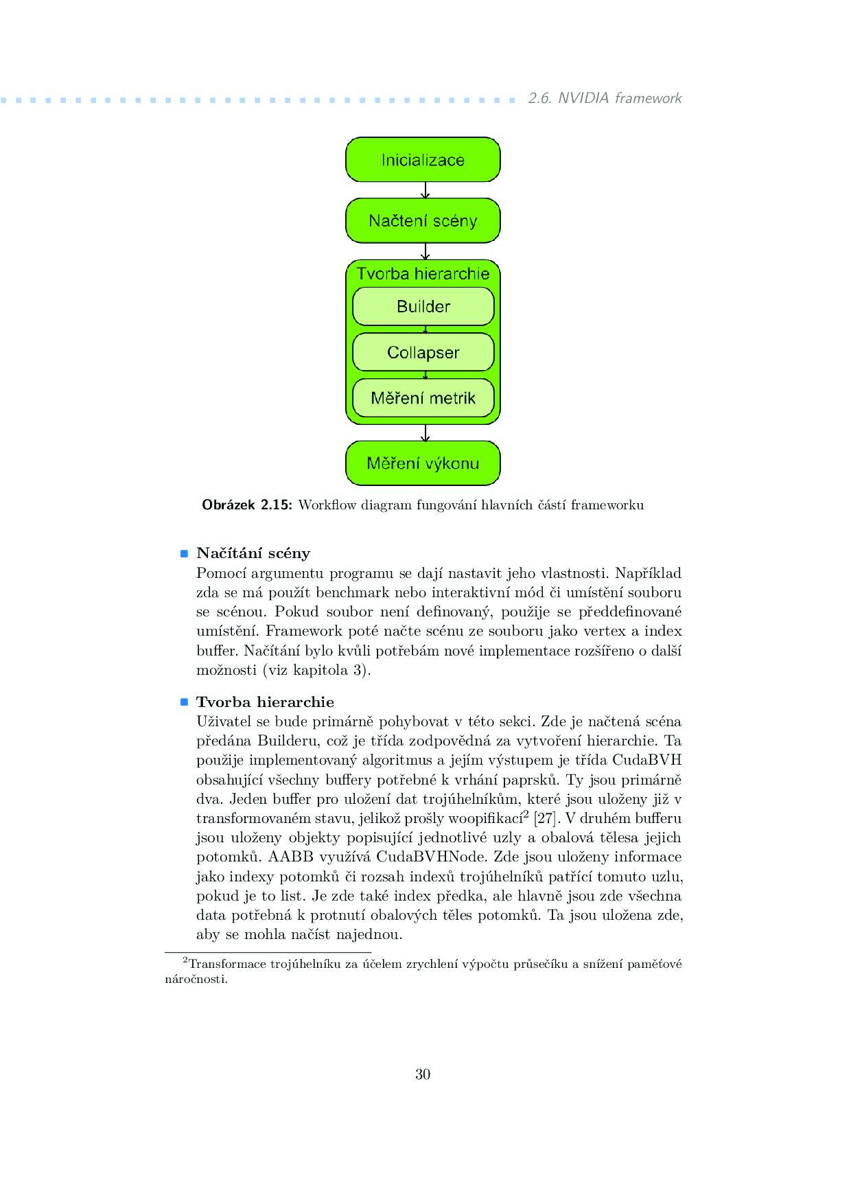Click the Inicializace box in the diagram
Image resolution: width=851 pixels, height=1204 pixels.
(423, 160)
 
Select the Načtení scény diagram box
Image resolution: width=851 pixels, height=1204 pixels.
(423, 221)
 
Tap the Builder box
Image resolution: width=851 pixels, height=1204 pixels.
(423, 306)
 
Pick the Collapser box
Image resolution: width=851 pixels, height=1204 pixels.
(423, 352)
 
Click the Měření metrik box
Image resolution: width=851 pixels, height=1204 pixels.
(423, 398)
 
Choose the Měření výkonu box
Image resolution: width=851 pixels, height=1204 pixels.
(423, 463)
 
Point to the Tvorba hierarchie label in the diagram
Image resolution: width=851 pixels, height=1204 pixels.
(423, 274)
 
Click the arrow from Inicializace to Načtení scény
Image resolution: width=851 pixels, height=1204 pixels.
(425, 190)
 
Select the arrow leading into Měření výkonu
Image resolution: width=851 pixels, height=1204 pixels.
(425, 433)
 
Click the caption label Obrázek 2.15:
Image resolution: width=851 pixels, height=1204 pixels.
(247, 505)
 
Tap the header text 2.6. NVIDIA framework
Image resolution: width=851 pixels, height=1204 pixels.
(605, 98)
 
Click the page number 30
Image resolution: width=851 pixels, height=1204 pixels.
(423, 1074)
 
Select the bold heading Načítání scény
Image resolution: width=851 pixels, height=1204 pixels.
(253, 553)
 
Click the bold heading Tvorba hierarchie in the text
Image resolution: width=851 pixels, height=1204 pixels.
(265, 702)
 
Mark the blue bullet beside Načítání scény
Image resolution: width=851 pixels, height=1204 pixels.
(184, 553)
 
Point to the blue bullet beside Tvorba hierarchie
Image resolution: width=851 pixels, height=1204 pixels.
(184, 702)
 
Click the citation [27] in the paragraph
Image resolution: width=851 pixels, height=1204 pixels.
(545, 818)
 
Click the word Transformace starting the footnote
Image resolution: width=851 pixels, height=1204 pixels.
(227, 964)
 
